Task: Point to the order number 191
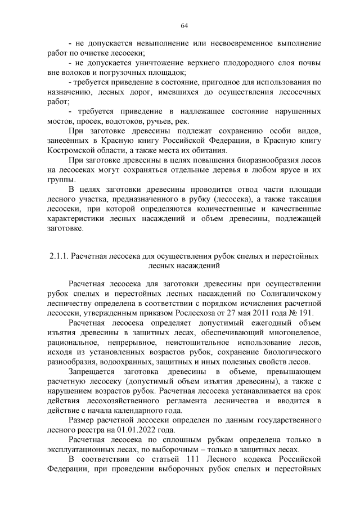click(x=308, y=313)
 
